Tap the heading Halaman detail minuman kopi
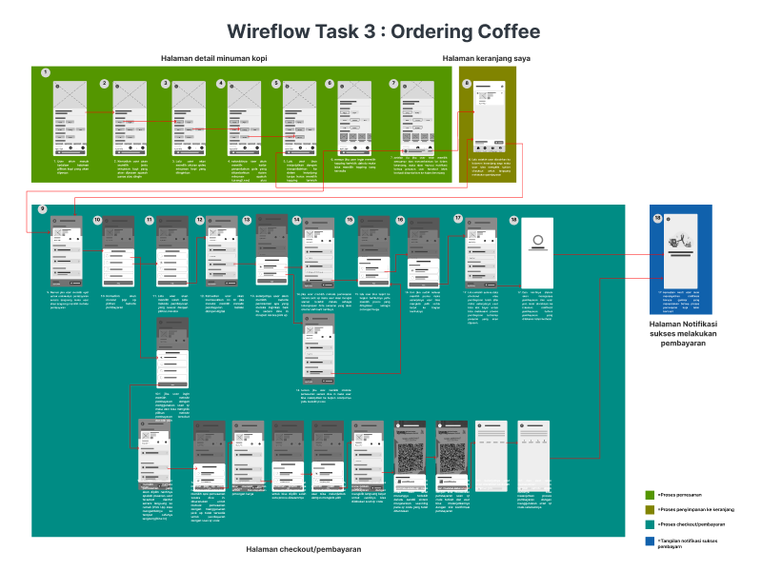click(213, 59)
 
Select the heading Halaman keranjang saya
click(486, 59)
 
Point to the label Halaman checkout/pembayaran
click(304, 549)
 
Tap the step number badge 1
click(45, 72)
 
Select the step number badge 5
click(276, 84)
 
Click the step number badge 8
click(467, 84)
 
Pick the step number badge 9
click(42, 209)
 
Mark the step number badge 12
click(200, 220)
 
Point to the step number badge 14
click(297, 220)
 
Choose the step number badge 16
click(401, 220)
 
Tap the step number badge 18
click(513, 220)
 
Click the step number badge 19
click(656, 219)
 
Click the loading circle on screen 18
click(537, 240)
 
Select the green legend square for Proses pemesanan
click(650, 496)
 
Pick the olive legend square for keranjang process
click(650, 510)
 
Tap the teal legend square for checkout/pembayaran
click(650, 524)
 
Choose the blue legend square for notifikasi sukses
click(650, 541)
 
